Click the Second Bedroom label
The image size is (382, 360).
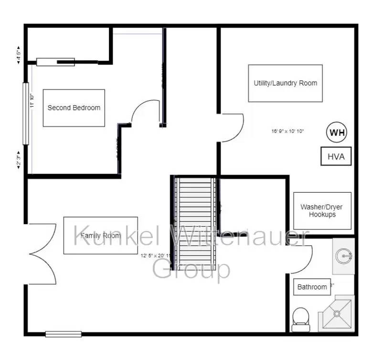coord(74,108)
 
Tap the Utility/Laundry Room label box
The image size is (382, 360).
coord(285,83)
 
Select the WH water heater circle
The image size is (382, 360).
coord(337,132)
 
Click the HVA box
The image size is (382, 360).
coord(336,156)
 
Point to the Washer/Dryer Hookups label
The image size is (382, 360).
coord(321,211)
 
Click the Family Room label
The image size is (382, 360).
coord(100,236)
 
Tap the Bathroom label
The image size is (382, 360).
coord(312,287)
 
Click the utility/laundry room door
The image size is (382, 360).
coord(233,128)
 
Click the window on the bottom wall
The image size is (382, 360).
coord(63,334)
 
